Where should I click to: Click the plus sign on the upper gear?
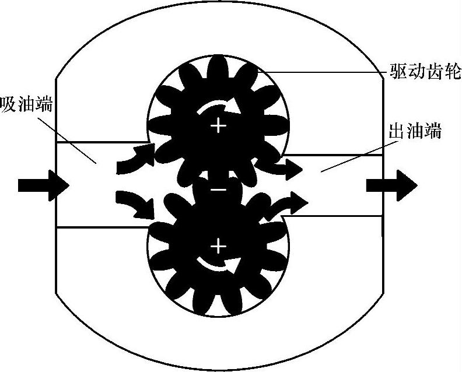(x=218, y=125)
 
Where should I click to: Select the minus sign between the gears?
(x=218, y=189)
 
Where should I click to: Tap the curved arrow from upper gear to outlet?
(x=286, y=167)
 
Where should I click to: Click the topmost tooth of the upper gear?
(x=218, y=65)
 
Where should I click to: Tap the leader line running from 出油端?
(x=350, y=155)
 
